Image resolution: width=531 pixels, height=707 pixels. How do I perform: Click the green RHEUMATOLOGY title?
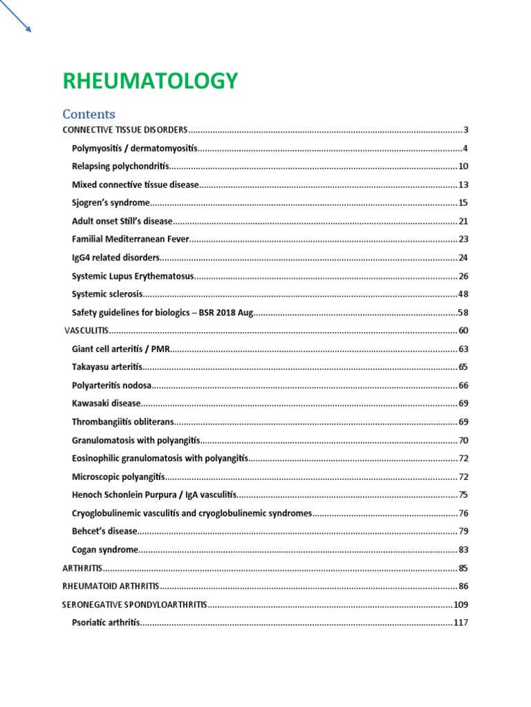(x=150, y=81)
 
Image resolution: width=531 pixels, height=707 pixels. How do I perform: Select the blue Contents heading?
(x=88, y=114)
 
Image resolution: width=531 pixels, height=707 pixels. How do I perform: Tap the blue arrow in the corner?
(x=17, y=17)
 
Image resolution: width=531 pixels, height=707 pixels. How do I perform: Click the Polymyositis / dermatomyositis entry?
(x=135, y=148)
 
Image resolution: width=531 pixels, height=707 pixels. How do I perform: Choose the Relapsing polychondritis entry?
(x=120, y=166)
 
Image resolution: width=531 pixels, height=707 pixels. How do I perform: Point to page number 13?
(x=463, y=185)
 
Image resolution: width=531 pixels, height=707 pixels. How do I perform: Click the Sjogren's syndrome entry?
(x=111, y=203)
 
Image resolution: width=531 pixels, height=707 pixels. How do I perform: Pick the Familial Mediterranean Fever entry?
(x=130, y=239)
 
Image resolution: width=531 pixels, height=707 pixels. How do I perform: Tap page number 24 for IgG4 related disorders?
(x=463, y=258)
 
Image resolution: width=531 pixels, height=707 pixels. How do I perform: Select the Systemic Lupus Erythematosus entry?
(x=132, y=275)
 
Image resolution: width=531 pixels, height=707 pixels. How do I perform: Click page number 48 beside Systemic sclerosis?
(x=463, y=294)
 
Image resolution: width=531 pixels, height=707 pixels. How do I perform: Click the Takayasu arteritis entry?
(x=106, y=367)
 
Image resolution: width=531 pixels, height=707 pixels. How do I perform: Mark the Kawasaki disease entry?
(x=106, y=403)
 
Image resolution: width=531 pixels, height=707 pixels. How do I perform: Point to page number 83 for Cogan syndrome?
(x=463, y=550)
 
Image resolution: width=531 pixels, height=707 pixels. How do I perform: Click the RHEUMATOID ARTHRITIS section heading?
(x=111, y=586)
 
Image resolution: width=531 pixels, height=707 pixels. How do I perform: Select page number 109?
(x=461, y=604)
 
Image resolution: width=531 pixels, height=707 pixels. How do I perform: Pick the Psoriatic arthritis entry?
(x=106, y=623)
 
